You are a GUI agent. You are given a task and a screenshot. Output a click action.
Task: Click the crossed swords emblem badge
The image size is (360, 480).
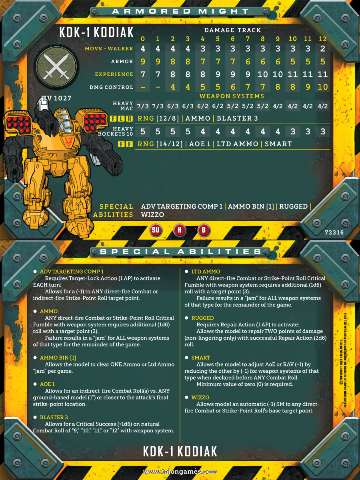(56, 67)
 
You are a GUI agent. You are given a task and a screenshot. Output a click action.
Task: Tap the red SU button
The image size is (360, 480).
(156, 230)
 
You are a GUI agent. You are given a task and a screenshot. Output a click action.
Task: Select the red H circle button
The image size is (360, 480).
(180, 230)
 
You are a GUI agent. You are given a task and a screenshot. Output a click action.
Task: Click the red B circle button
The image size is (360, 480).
(204, 230)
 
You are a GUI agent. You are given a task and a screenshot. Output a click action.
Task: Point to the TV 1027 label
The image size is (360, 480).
(57, 98)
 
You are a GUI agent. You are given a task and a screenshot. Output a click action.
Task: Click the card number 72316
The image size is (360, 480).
(334, 232)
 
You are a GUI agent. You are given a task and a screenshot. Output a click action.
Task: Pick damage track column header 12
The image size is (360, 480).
(323, 39)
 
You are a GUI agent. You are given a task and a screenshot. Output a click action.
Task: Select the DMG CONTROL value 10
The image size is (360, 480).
(323, 87)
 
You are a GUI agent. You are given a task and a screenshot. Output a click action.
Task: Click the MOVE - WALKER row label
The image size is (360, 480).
(109, 48)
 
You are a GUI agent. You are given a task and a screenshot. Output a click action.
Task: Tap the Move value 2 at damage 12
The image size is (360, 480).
(323, 48)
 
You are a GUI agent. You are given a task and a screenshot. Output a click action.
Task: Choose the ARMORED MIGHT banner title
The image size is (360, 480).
(180, 11)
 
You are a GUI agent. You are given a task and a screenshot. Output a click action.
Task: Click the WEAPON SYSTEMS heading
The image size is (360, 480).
(232, 96)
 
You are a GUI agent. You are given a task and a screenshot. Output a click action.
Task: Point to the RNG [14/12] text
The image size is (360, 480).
(160, 144)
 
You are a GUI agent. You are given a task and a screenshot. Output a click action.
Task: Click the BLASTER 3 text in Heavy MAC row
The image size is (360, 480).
(237, 118)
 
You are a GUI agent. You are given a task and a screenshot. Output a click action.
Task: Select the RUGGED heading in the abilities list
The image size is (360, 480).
(202, 318)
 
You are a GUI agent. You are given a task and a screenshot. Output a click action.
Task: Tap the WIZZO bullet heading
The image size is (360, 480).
(200, 397)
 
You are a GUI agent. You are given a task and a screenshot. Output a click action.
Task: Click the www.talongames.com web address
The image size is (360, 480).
(180, 472)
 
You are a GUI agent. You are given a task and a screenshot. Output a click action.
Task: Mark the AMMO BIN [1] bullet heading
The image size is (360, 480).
(58, 358)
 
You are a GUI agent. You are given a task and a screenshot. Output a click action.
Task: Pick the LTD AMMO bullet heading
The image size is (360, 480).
(206, 272)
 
